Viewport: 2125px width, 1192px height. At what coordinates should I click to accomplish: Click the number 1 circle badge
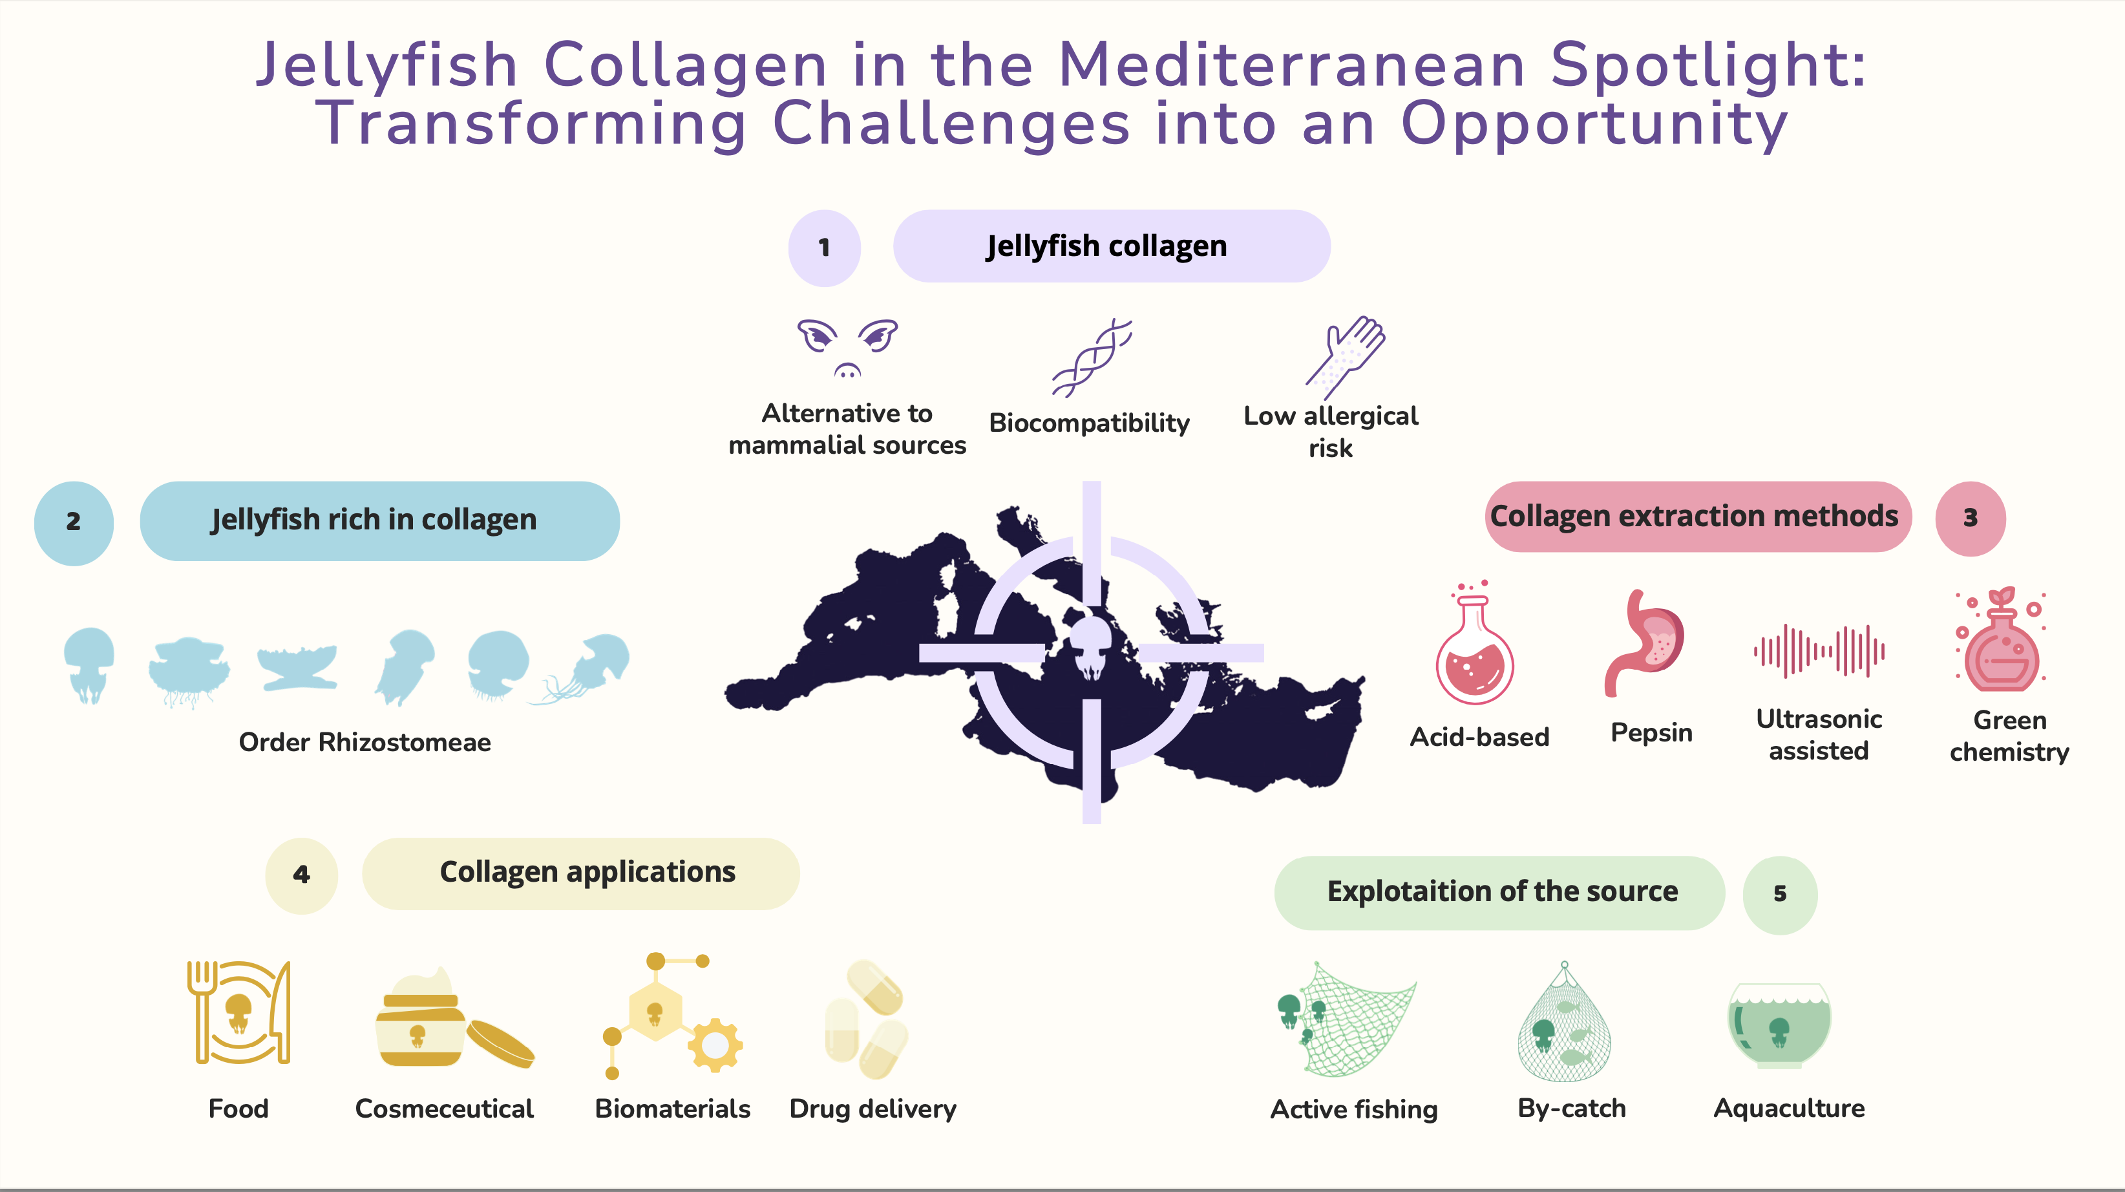coord(824,248)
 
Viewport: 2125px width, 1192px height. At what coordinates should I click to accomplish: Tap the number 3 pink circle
coord(1970,518)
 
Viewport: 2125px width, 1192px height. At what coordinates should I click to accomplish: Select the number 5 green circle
coord(1779,893)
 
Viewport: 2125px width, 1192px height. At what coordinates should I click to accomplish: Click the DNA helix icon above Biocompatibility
coord(1092,357)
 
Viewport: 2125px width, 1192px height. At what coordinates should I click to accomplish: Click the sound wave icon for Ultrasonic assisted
coord(1818,651)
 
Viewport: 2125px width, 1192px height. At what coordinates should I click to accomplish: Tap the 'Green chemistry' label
coord(2009,736)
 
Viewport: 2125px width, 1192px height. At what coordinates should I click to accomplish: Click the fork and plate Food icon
coord(238,1012)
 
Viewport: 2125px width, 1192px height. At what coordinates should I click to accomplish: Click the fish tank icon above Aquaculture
coord(1779,1025)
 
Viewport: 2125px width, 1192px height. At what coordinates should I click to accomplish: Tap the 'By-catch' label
coord(1572,1108)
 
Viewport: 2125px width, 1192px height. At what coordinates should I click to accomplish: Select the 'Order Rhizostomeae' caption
coord(365,743)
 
